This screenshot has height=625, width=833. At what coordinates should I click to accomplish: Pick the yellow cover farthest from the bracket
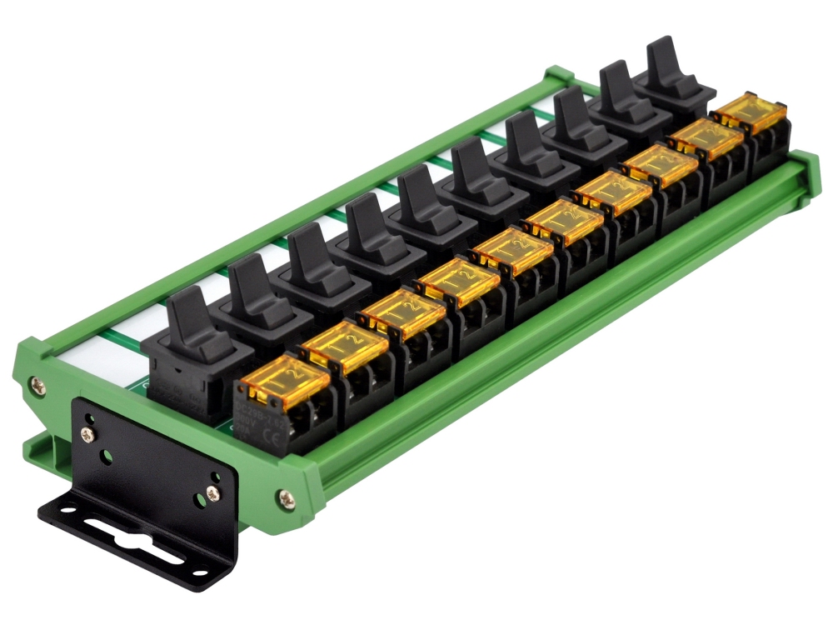[749, 112]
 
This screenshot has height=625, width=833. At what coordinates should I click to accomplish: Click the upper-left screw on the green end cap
[37, 385]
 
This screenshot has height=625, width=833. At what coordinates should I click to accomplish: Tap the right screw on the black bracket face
[212, 493]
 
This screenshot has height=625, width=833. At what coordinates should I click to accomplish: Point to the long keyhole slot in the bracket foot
[125, 534]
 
